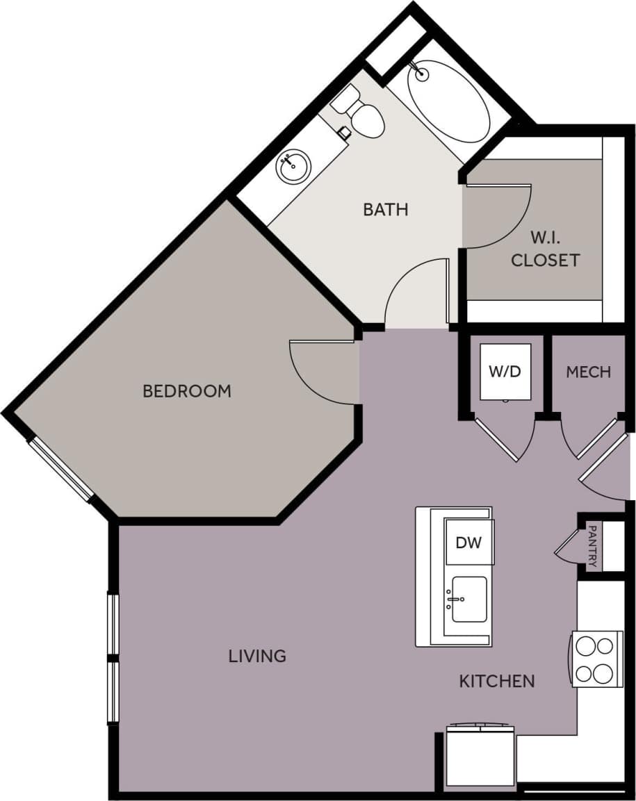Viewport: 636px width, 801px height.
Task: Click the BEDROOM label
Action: [x=186, y=391]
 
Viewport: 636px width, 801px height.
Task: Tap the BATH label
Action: [x=385, y=209]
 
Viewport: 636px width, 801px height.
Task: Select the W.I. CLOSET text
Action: [x=545, y=249]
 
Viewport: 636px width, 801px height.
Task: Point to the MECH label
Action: [x=588, y=372]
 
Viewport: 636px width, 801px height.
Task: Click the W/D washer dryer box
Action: [x=505, y=372]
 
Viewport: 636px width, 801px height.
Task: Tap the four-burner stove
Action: [x=596, y=659]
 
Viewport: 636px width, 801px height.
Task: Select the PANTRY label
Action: [x=592, y=547]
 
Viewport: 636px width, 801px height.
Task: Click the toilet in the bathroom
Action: [x=361, y=114]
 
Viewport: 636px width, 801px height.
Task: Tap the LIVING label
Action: [x=257, y=656]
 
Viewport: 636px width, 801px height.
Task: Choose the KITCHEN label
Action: [x=497, y=682]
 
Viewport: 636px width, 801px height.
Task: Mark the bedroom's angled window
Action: [x=60, y=470]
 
